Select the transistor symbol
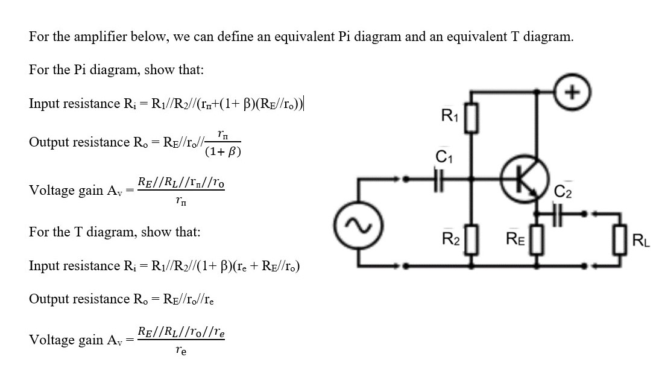[523, 179]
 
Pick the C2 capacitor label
[562, 192]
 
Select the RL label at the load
[641, 244]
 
